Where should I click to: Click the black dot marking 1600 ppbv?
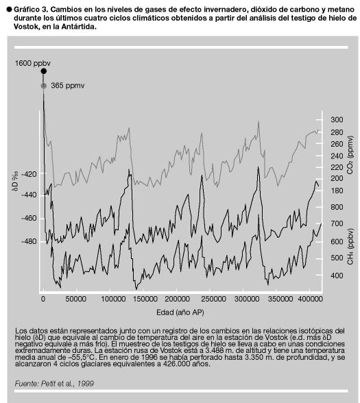point(44,71)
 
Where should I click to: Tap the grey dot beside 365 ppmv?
point(44,86)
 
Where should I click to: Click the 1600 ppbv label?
point(33,64)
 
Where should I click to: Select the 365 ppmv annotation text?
point(68,86)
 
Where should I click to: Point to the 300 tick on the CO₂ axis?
point(337,119)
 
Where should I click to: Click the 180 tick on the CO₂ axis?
point(337,191)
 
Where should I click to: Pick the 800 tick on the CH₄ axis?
point(337,207)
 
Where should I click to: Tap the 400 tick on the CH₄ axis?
point(337,276)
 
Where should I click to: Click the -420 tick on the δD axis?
point(29,174)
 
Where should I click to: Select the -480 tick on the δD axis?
point(29,242)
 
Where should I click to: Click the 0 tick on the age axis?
point(43,299)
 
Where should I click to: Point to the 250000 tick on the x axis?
point(213,299)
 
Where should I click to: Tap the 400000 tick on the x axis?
point(310,299)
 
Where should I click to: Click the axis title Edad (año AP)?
point(180,313)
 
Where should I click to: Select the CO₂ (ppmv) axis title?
point(350,155)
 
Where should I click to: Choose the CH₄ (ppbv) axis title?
point(350,246)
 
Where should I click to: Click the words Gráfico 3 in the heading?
point(31,10)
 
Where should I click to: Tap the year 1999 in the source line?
point(86,384)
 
